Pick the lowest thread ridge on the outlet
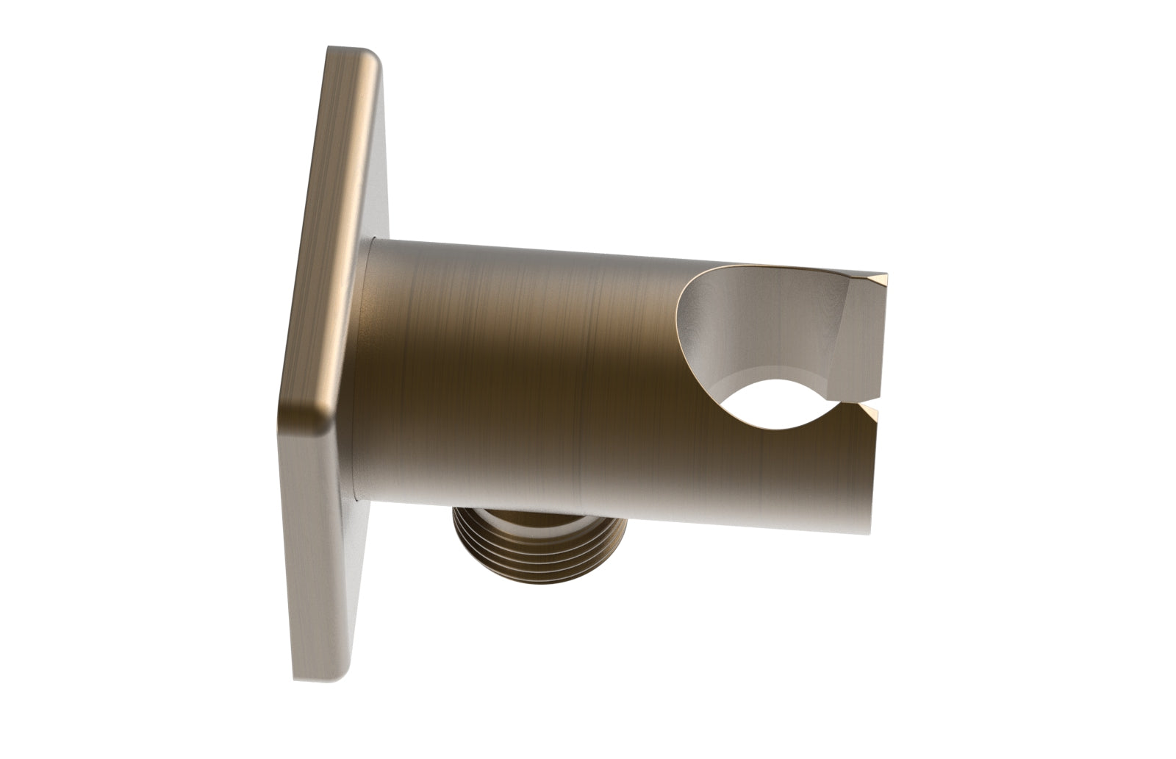pyautogui.click(x=514, y=581)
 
